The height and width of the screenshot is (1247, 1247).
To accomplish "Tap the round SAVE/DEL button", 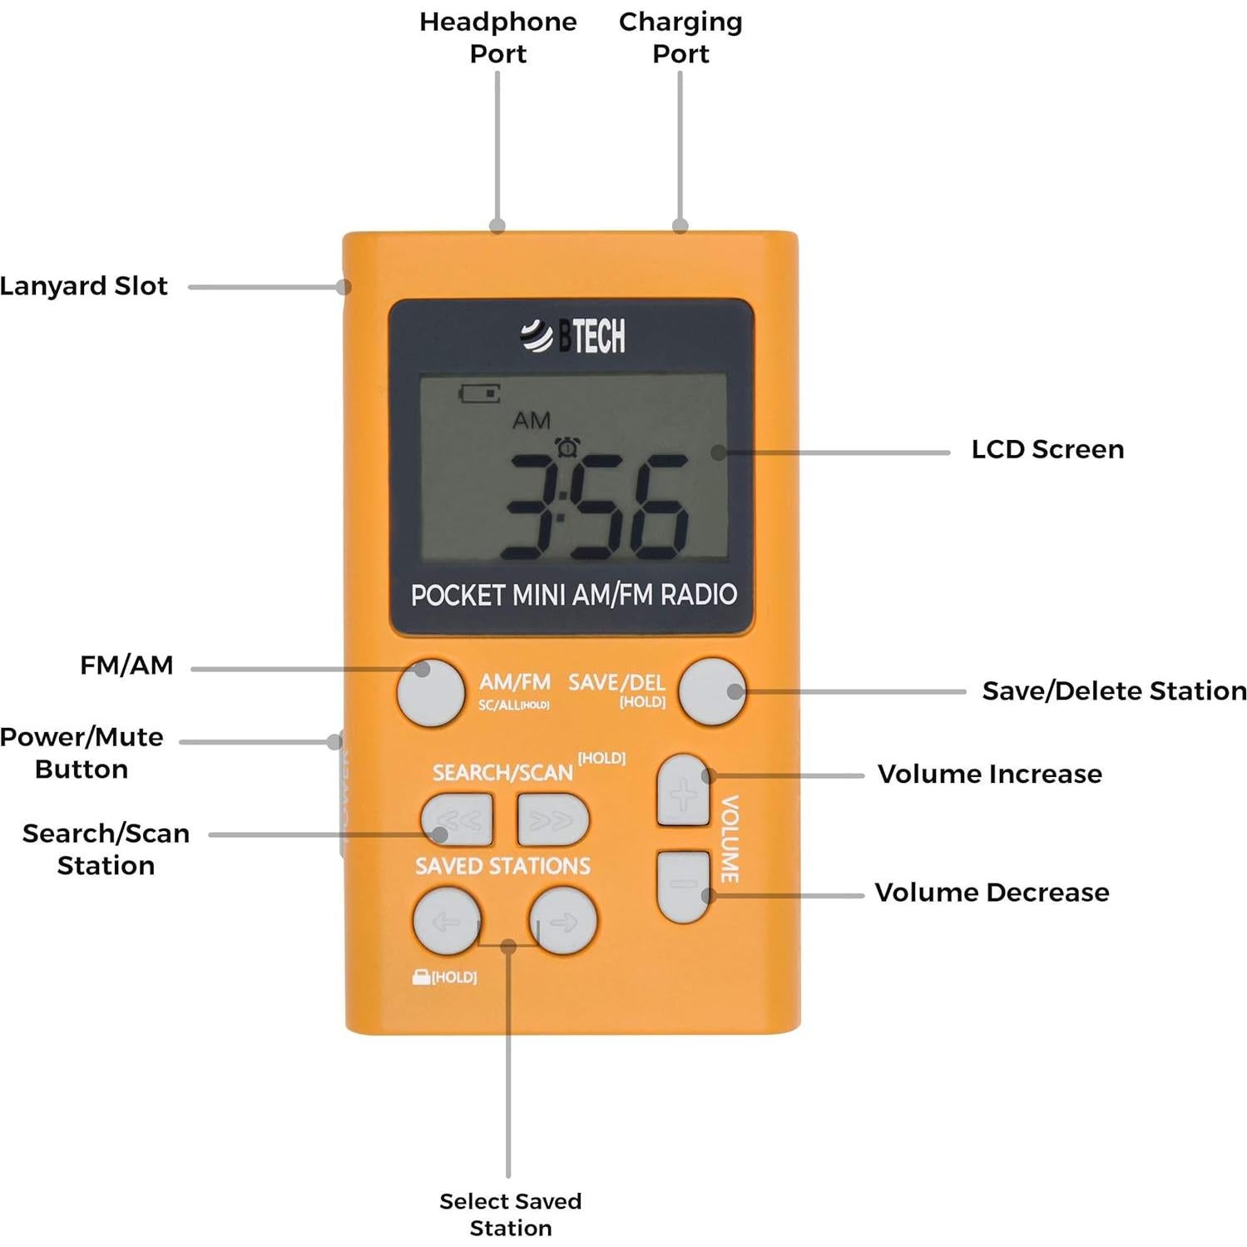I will [x=711, y=691].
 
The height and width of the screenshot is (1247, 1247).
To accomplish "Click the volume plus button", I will [x=683, y=791].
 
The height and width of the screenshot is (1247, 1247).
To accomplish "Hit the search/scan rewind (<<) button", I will [x=457, y=819].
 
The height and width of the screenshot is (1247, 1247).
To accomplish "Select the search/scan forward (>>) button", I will [x=552, y=819].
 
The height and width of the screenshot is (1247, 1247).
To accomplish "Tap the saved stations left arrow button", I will [x=447, y=921].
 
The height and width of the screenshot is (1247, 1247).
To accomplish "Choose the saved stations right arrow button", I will [x=563, y=921].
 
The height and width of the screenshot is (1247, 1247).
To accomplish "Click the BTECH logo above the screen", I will [x=573, y=336].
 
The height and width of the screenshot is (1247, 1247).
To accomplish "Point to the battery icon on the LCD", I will [x=480, y=393].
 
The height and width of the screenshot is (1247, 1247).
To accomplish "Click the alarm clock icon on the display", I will [x=567, y=447].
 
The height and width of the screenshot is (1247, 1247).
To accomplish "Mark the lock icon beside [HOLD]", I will [x=421, y=977].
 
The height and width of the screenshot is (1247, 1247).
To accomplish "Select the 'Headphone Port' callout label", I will [x=497, y=37].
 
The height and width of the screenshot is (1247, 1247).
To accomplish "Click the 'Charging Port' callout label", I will [x=680, y=37].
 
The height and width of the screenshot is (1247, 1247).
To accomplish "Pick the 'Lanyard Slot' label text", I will [x=84, y=286].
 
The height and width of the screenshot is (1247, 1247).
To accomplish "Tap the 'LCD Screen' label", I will [x=1047, y=449].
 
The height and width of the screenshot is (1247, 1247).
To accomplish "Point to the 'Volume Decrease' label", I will [x=992, y=893].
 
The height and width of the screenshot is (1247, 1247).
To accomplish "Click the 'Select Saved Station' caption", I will [x=510, y=1214].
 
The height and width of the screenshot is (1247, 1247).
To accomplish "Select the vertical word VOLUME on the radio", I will [x=730, y=839].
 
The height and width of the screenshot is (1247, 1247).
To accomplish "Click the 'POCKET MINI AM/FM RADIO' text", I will [x=573, y=595].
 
